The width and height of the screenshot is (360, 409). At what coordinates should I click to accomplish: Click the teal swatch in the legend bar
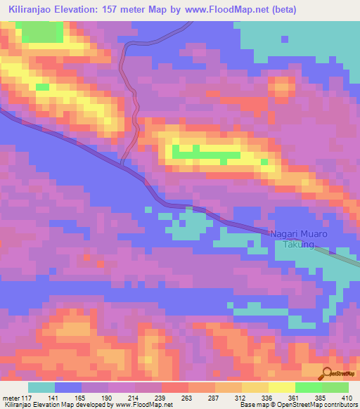click(x=41, y=387)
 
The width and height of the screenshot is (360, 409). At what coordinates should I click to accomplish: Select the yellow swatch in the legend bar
click(x=282, y=387)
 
